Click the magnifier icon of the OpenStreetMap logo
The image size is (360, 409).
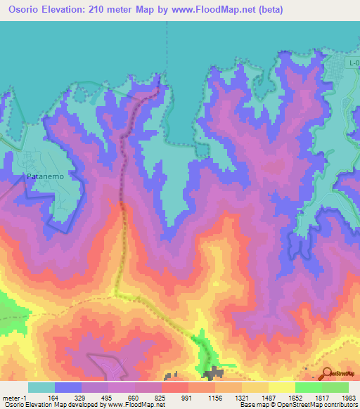326,373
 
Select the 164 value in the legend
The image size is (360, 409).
54,397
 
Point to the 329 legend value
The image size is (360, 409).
82,397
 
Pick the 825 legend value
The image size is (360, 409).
162,397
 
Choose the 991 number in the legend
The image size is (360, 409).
188,397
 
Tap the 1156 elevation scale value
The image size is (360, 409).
214,397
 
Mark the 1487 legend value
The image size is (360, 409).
267,397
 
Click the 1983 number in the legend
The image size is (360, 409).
347,397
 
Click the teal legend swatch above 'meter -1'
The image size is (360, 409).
41,387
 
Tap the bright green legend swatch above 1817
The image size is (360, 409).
308,387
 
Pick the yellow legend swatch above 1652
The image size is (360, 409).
281,387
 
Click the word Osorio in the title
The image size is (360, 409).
20,9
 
